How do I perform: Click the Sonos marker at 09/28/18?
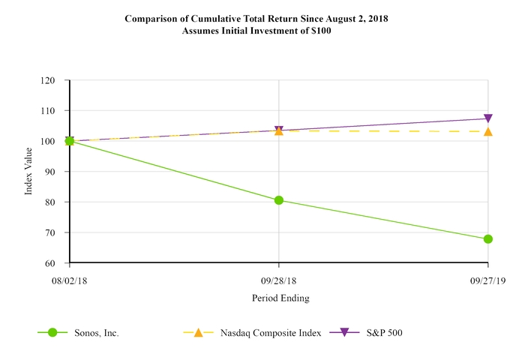[279, 200]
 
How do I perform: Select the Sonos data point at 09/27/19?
[488, 239]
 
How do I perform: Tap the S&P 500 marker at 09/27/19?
[488, 118]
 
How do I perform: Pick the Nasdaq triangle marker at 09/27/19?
[488, 131]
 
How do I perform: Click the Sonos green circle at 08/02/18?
[70, 141]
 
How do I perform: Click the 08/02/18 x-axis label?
[70, 279]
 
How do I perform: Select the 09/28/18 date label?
[279, 279]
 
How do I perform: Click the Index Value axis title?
[29, 172]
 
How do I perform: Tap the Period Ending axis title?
[279, 298]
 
